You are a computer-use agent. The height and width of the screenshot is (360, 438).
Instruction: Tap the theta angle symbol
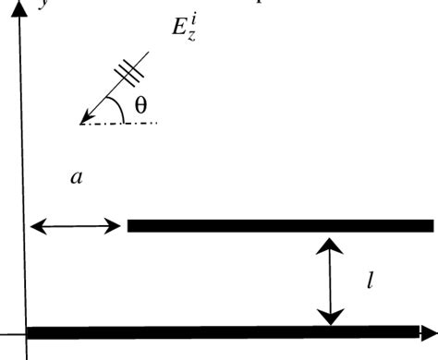coord(140,105)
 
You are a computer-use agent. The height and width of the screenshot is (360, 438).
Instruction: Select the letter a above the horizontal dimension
coord(77,178)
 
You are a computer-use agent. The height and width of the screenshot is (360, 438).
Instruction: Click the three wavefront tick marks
coord(130,69)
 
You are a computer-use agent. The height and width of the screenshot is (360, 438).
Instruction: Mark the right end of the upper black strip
coord(431,225)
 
